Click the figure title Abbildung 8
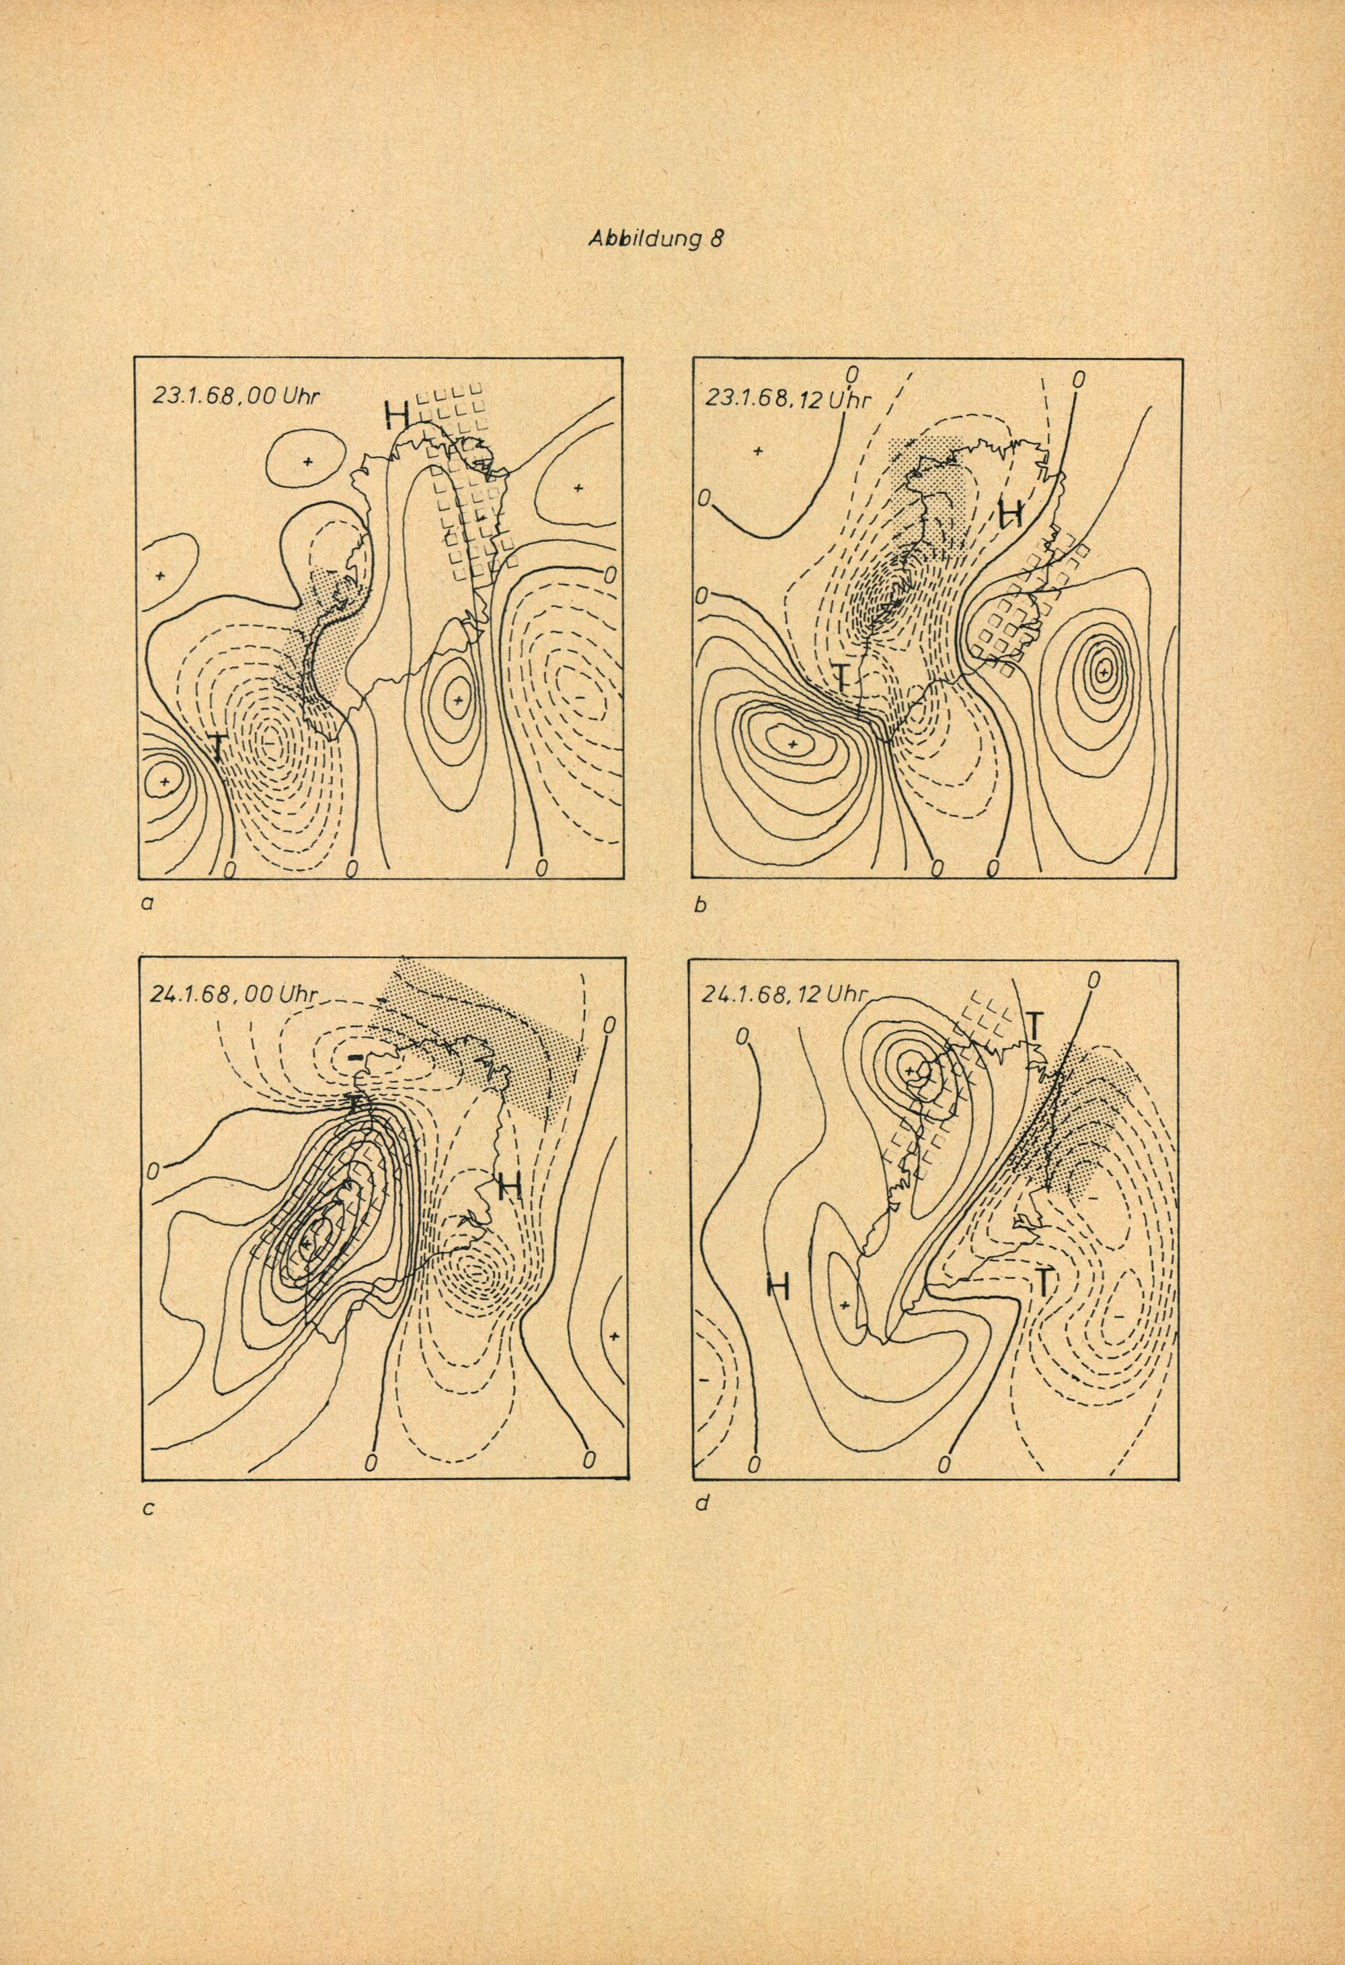656,240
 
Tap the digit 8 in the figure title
717,240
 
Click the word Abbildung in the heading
644,240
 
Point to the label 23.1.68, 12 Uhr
786,398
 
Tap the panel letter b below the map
699,906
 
